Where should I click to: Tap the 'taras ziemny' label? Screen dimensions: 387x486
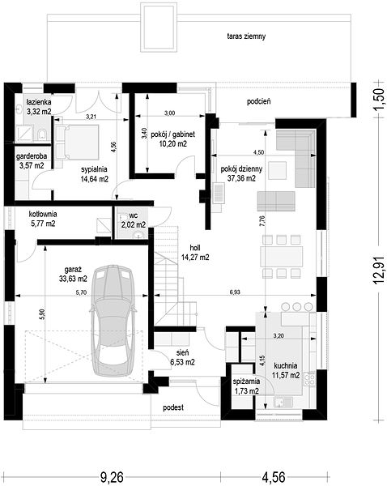pos(246,36)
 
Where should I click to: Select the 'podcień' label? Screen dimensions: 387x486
pos(259,101)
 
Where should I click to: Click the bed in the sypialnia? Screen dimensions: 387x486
pos(77,142)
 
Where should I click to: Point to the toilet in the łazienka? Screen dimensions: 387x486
pos(42,134)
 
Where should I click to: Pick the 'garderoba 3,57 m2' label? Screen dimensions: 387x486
pos(32,161)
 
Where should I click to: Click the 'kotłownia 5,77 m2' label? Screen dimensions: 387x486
pos(43,219)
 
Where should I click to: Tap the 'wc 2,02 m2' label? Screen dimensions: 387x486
pos(134,220)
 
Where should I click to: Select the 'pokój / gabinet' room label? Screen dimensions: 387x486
pos(173,134)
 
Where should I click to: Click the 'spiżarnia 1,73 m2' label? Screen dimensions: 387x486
pos(247,386)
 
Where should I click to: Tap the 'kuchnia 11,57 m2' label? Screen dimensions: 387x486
pos(286,370)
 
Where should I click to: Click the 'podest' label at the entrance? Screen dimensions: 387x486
pos(173,407)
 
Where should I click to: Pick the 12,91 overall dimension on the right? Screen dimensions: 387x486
pos(381,270)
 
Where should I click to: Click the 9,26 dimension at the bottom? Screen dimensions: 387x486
pos(111,477)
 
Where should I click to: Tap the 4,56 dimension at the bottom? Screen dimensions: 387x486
pos(274,477)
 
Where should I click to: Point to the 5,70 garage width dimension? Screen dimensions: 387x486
pos(81,292)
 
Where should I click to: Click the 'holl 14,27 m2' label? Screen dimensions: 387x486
pos(195,252)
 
